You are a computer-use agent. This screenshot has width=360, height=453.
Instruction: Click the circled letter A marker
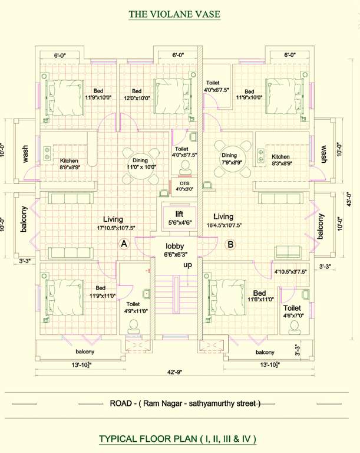[124, 243]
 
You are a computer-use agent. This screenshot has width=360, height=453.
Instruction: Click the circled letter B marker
[230, 243]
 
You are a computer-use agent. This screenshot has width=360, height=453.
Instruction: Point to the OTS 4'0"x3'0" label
[185, 186]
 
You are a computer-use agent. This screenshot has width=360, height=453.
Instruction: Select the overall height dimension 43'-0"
[349, 199]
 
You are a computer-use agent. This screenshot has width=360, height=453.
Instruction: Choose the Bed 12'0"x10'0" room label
[137, 94]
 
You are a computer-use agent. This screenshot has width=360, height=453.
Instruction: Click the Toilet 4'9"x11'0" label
[133, 308]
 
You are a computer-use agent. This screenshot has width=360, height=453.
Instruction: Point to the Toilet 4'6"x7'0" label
[292, 312]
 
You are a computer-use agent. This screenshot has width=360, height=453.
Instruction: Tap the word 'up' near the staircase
[188, 266]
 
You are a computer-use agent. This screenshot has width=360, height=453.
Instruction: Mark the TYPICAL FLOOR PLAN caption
[177, 439]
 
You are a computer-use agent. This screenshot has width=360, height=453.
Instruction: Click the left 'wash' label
[25, 153]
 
